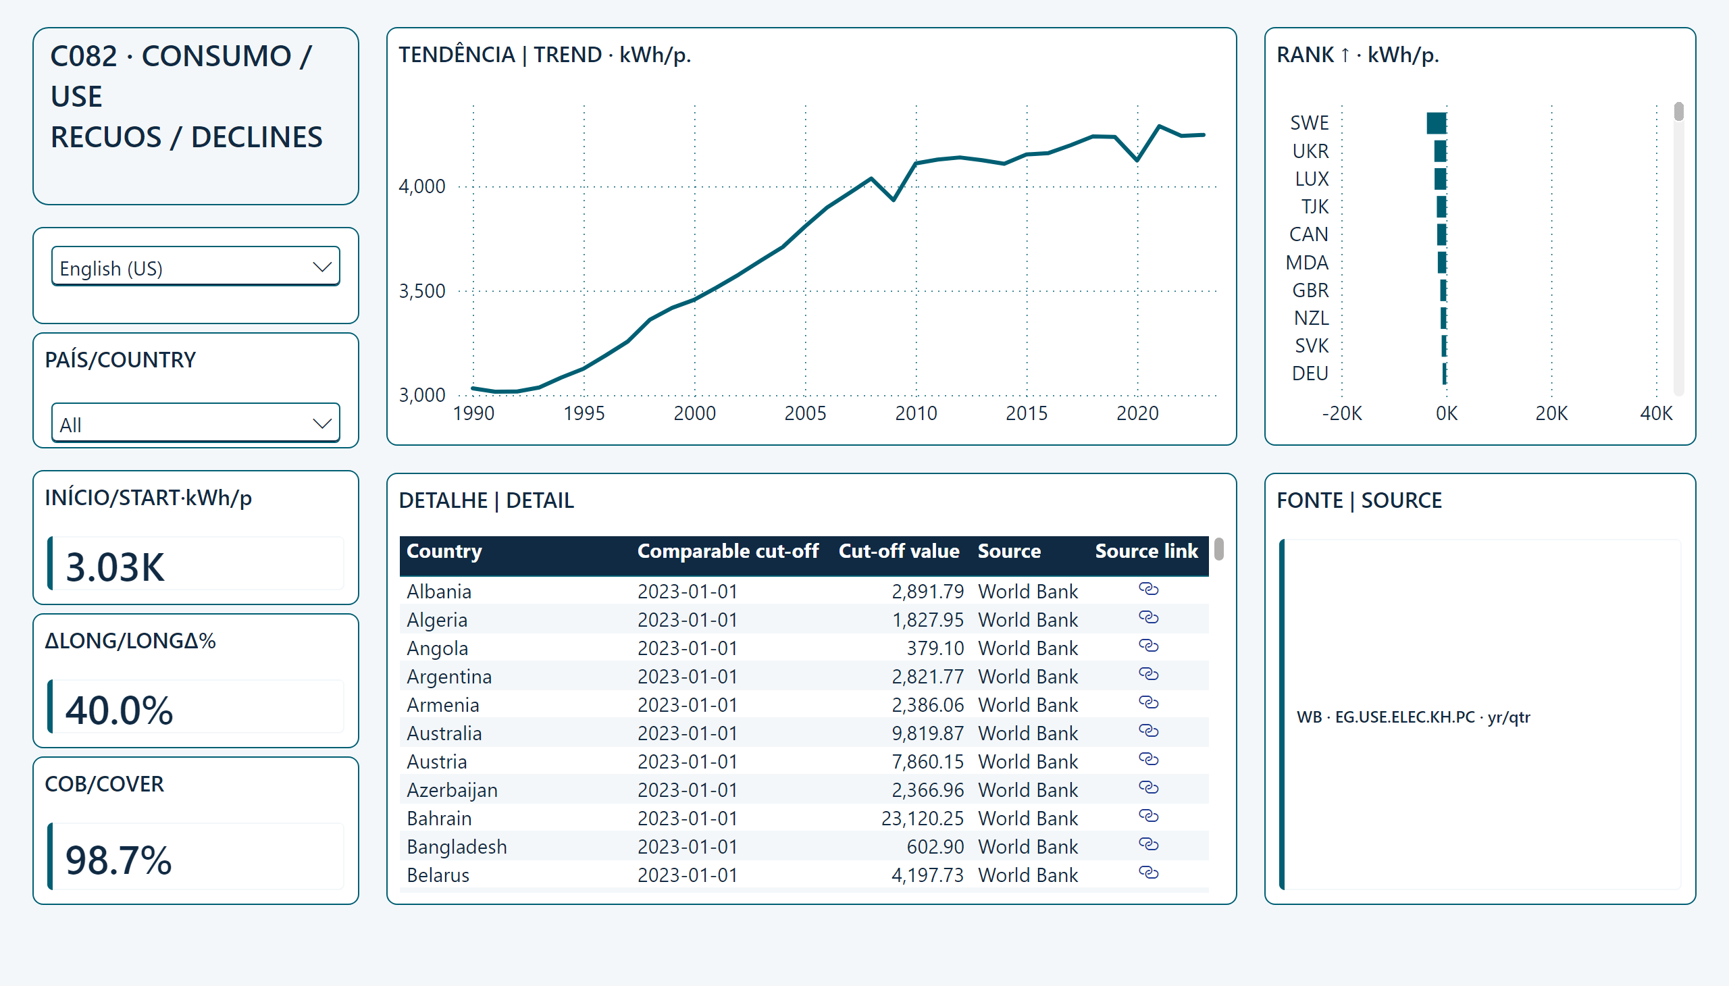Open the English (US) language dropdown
[x=195, y=267]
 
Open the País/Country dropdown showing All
[x=195, y=423]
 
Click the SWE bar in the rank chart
[x=1436, y=123]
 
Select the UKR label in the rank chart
[x=1310, y=151]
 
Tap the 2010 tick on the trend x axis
[x=916, y=413]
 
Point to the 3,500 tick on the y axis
[x=422, y=291]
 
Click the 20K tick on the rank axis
[x=1551, y=413]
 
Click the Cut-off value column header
[x=899, y=551]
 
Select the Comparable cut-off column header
[x=727, y=551]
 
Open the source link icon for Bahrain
[x=1148, y=816]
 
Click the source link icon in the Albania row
[x=1148, y=589]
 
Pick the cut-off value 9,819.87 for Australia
[x=927, y=733]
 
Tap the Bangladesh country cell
[x=457, y=847]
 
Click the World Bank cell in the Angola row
[x=1027, y=648]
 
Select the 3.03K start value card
[x=114, y=567]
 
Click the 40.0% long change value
[x=119, y=710]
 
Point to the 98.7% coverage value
[x=118, y=860]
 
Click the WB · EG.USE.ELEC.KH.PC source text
[x=1413, y=717]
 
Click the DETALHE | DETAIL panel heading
[x=486, y=500]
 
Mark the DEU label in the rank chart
[x=1310, y=374]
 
